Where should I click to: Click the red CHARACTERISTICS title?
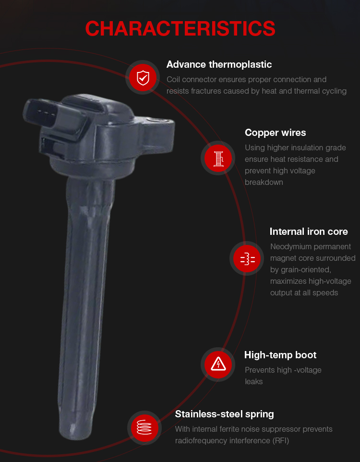click(x=180, y=29)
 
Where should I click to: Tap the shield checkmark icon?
click(x=143, y=78)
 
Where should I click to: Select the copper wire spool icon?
click(x=218, y=158)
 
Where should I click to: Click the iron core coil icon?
click(x=247, y=258)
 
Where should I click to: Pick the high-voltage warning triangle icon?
click(x=218, y=365)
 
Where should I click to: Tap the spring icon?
click(x=144, y=428)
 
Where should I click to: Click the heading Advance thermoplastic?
click(x=219, y=64)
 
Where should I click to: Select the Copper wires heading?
click(x=275, y=133)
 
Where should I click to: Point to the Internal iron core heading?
click(x=309, y=231)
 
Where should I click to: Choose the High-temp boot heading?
click(x=280, y=355)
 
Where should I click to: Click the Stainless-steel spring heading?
click(x=224, y=414)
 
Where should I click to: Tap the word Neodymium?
click(x=291, y=247)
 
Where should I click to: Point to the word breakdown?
click(x=264, y=182)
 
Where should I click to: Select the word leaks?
click(x=253, y=382)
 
